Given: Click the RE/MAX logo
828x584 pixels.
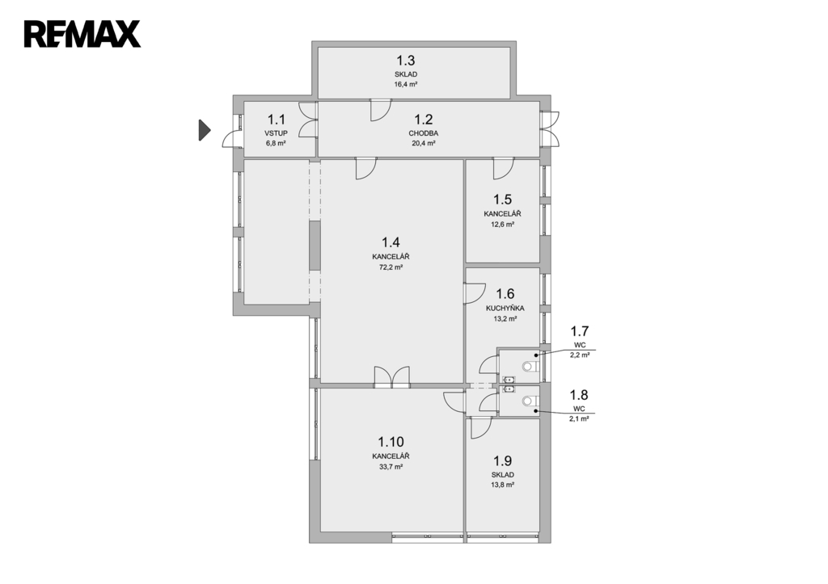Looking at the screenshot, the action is click(82, 34).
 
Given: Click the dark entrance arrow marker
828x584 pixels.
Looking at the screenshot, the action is click(205, 130).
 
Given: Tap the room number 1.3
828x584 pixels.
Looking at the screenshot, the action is click(406, 60).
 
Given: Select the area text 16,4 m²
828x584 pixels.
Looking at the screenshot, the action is click(406, 84).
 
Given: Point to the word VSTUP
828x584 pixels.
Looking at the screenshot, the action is click(277, 133).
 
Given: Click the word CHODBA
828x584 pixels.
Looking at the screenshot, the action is click(424, 133).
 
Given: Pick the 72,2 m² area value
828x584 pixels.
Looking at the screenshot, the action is click(391, 267).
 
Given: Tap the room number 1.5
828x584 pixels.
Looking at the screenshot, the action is click(502, 200).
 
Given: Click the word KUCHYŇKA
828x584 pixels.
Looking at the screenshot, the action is click(505, 308).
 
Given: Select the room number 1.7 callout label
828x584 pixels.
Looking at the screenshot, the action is click(579, 331).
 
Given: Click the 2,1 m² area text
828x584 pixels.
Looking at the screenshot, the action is click(579, 418).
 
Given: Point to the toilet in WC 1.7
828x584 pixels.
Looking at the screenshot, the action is click(530, 366).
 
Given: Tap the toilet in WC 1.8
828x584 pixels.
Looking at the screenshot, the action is click(530, 401).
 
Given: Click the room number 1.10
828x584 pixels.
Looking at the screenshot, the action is click(391, 442).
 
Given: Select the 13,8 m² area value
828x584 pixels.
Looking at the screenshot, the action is click(503, 485).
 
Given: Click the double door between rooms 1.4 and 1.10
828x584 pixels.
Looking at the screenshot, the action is click(392, 376).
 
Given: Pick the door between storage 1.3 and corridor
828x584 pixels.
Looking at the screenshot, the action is click(380, 110).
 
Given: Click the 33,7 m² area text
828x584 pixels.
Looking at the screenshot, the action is click(391, 466).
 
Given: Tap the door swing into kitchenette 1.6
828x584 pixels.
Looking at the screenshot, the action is click(474, 293).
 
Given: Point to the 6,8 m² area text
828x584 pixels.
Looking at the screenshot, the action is click(276, 143).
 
